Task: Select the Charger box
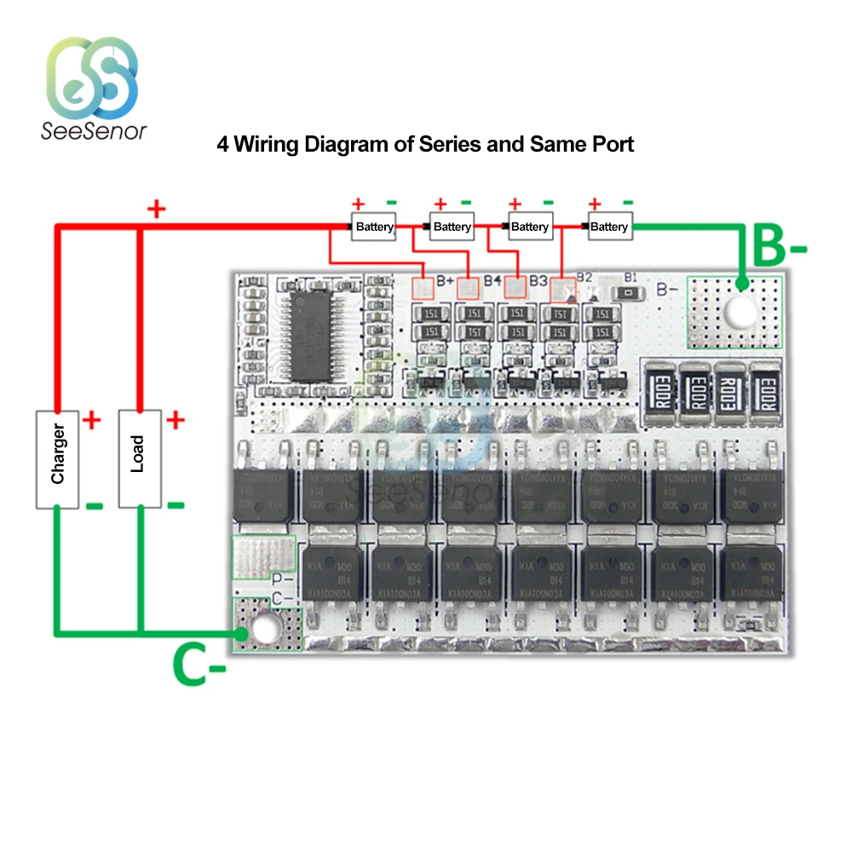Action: pyautogui.click(x=57, y=458)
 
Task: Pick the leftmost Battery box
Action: pyautogui.click(x=375, y=227)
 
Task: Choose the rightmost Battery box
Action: pyautogui.click(x=608, y=227)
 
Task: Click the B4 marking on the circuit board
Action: pyautogui.click(x=492, y=279)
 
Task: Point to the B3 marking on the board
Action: pyautogui.click(x=538, y=279)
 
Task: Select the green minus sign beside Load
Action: pyautogui.click(x=175, y=505)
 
